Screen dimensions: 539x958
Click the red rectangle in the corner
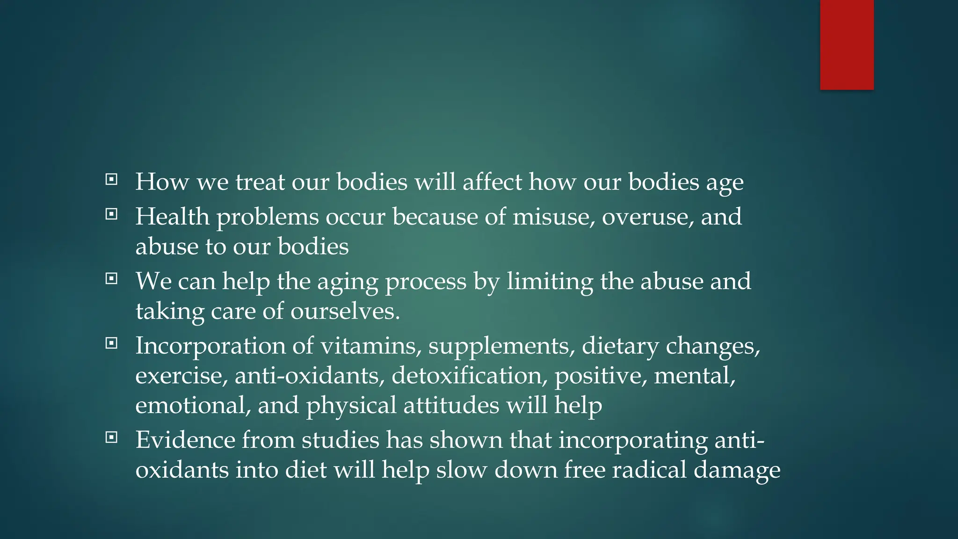pos(847,44)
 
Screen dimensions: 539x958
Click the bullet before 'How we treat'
pos(111,179)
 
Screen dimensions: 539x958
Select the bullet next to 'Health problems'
pos(111,214)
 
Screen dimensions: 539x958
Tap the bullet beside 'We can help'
pos(111,279)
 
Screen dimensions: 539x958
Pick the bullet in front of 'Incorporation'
pos(111,343)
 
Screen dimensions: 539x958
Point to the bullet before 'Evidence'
pos(111,437)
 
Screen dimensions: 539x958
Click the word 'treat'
pos(260,182)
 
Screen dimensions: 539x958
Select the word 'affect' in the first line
pos(492,182)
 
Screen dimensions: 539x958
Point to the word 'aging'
pos(348,282)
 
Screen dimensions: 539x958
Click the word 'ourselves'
pos(345,312)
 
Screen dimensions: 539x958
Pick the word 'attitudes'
pos(451,405)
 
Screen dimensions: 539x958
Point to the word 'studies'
pos(340,440)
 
